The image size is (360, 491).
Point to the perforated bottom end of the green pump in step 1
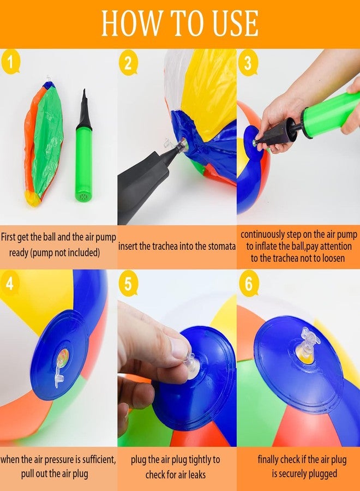coord(83,196)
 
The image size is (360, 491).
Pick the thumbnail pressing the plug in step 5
coord(181,348)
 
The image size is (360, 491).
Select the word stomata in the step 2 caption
coord(221,247)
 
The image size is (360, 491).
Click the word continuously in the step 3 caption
coord(262,235)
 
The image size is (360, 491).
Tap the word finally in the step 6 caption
coord(268,460)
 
